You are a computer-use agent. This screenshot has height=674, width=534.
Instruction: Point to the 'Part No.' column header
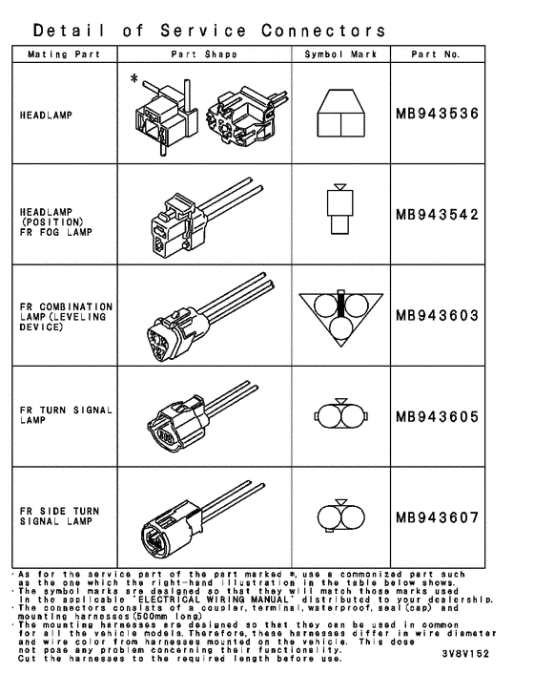click(x=436, y=54)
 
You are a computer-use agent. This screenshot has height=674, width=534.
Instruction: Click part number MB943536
click(x=437, y=115)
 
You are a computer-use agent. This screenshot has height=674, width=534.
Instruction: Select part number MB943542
click(x=437, y=215)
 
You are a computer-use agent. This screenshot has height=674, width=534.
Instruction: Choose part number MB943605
click(x=437, y=416)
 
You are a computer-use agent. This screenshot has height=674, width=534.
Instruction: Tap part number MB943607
click(x=437, y=516)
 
